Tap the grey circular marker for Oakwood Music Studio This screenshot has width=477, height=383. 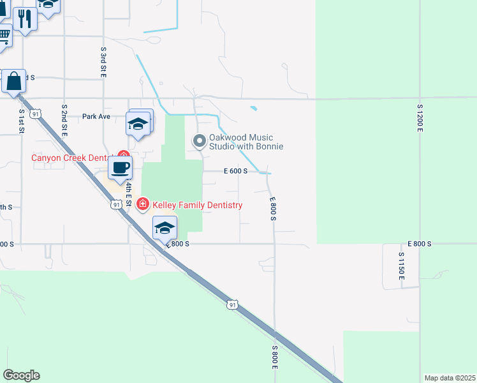pos(200,140)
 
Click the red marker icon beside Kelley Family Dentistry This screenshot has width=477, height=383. pos(143,205)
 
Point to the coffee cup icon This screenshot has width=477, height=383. pos(120,169)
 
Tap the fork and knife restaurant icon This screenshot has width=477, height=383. pos(25,19)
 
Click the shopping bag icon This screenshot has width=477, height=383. pos(13,82)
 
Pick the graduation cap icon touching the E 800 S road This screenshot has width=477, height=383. pos(165,228)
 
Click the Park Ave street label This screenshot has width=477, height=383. pos(96,117)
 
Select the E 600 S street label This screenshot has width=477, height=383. pos(235,171)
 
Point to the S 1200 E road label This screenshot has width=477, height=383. pos(420,118)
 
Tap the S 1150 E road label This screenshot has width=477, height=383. pos(401,266)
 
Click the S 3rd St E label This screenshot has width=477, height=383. pos(103,62)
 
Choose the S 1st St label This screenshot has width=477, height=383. pos(21,120)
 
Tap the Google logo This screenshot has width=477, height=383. pos(21,375)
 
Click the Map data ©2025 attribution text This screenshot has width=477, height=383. pos(450,378)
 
